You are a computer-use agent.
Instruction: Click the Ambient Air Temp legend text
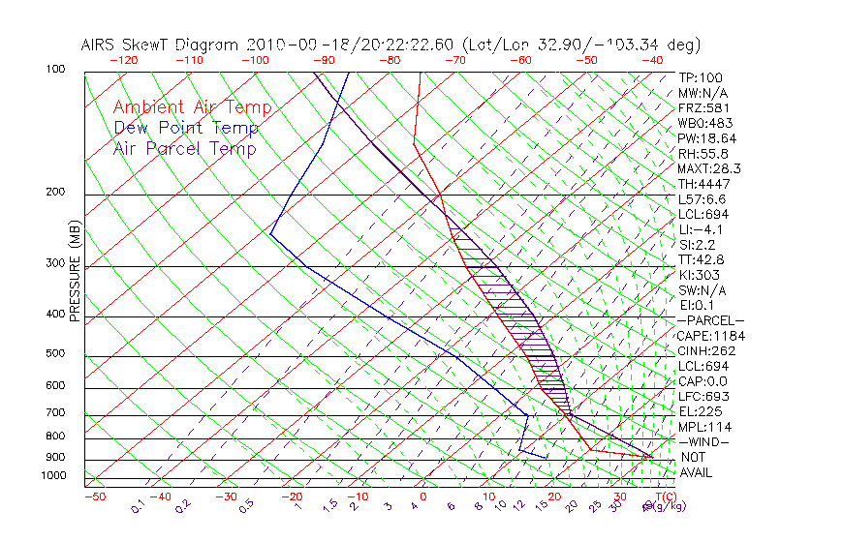192,107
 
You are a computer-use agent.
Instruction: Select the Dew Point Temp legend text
186,128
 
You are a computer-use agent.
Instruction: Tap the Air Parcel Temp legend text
185,148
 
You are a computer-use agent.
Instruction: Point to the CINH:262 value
703,350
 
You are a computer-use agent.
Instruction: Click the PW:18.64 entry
707,138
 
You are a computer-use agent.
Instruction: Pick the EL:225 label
701,411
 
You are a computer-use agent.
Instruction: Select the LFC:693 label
703,396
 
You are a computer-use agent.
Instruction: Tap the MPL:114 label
703,427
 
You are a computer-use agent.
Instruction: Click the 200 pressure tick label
55,192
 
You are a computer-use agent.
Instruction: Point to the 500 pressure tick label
55,353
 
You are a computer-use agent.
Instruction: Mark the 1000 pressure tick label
52,475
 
